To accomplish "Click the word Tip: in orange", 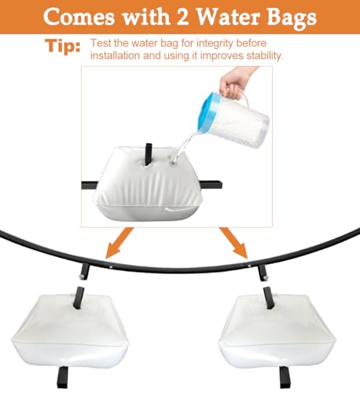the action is click(63, 46).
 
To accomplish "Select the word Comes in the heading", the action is click(79, 17).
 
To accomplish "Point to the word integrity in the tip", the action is click(214, 43).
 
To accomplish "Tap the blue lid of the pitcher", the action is click(210, 112).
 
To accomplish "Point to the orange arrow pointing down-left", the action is click(119, 243).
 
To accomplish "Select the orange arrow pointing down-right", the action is click(234, 243).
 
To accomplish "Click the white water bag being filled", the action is click(146, 184).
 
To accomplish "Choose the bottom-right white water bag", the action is click(277, 332).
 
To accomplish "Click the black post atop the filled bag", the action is click(149, 154).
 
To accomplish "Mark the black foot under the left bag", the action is click(62, 377).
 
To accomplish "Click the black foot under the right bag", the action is click(285, 377).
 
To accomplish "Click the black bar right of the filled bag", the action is click(211, 184).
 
